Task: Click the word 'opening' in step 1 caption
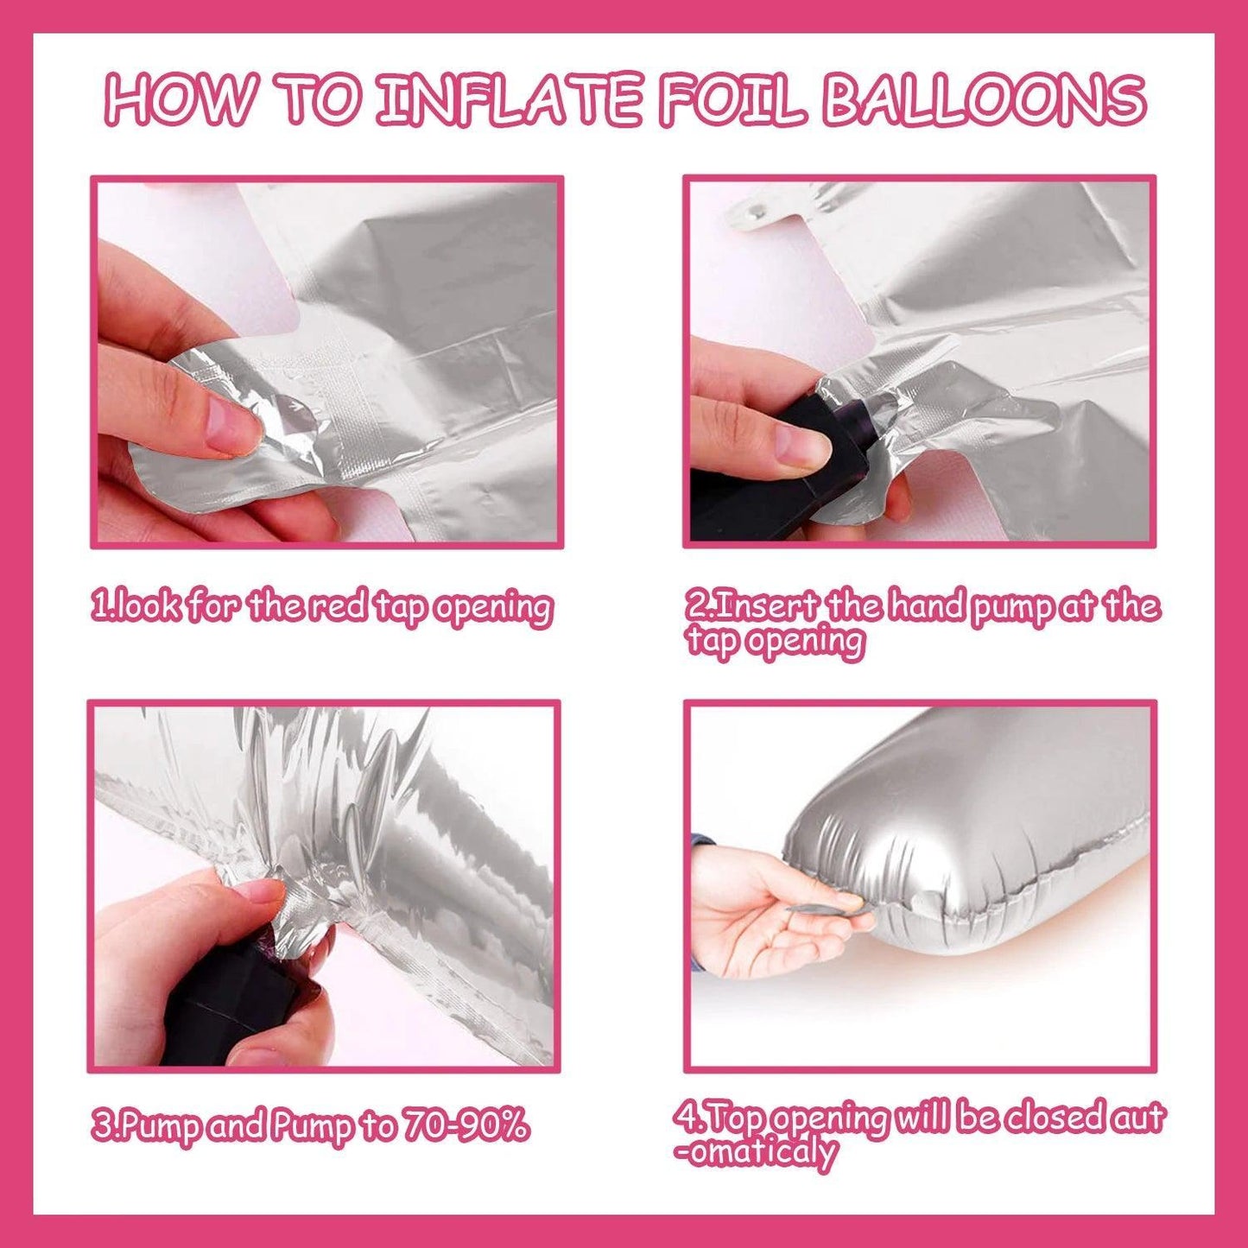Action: (x=491, y=609)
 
